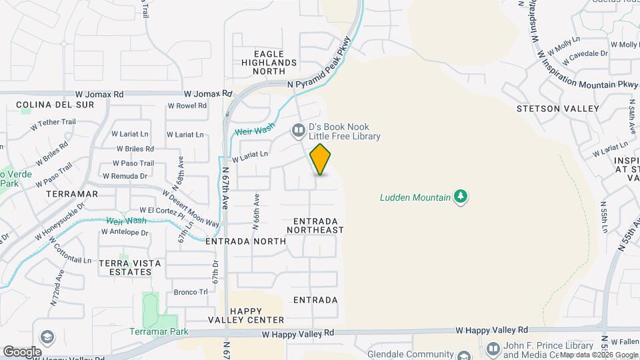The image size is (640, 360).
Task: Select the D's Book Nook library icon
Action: click(298, 131)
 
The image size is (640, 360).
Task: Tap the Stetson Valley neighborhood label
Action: click(557, 108)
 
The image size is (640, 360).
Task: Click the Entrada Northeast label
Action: click(315, 225)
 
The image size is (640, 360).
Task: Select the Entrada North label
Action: click(241, 241)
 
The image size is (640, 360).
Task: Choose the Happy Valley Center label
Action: click(257, 315)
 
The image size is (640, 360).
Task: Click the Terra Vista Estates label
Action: click(130, 267)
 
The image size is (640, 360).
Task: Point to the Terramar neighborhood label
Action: click(72, 194)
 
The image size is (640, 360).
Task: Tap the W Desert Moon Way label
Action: click(191, 207)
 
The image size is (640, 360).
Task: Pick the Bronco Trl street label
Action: click(191, 292)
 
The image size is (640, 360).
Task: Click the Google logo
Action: click(23, 351)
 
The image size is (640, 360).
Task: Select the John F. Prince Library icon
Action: click(493, 349)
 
